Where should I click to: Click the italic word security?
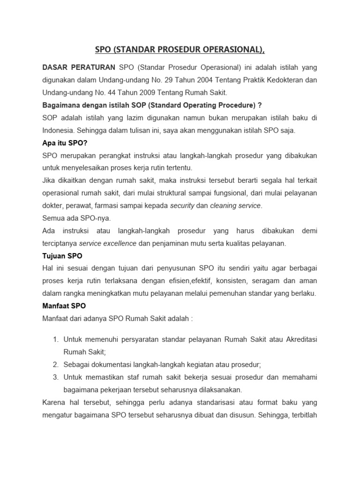pos(182,206)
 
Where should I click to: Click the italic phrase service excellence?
pos(108,243)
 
